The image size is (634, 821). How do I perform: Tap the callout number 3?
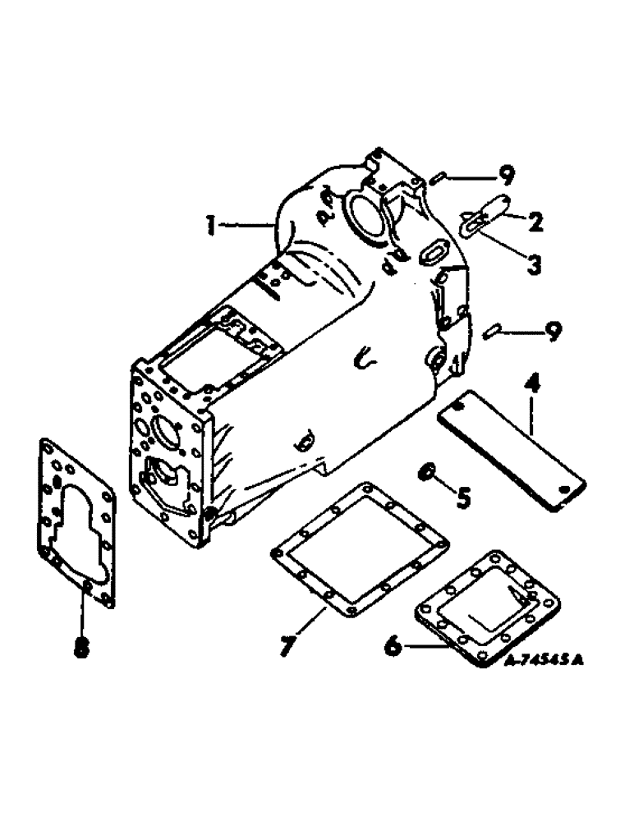(x=535, y=264)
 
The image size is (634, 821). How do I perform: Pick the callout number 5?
(x=463, y=498)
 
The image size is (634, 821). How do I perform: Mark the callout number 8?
(x=80, y=648)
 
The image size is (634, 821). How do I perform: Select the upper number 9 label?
(x=507, y=175)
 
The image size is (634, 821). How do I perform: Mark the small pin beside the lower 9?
(x=491, y=331)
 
